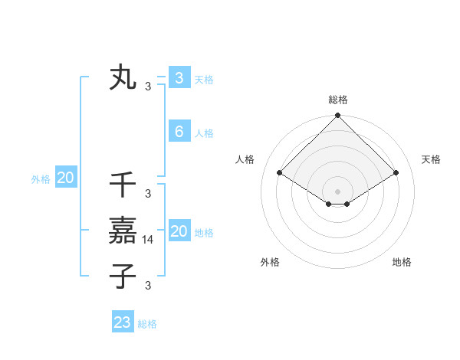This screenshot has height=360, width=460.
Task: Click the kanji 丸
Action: [x=123, y=79]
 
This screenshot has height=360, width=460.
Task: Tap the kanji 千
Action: [x=123, y=185]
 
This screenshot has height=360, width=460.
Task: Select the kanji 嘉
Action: [x=123, y=231]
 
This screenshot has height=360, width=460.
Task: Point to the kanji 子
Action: [x=123, y=276]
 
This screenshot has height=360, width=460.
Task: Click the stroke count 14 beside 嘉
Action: [x=149, y=239]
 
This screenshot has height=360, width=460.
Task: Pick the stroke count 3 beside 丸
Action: [x=148, y=87]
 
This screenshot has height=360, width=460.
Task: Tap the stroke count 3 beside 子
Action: [x=148, y=286]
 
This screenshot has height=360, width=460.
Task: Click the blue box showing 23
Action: [x=123, y=322]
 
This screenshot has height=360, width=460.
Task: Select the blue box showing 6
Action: [x=179, y=132]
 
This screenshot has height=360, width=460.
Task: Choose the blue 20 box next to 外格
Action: [x=65, y=178]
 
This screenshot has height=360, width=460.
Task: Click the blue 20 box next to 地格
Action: [x=179, y=231]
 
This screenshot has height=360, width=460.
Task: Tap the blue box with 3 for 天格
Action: [x=179, y=78]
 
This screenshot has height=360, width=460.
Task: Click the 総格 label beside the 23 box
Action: [x=147, y=324]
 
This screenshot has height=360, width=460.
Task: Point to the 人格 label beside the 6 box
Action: [x=204, y=133]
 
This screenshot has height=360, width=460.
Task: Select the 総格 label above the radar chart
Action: [x=337, y=100]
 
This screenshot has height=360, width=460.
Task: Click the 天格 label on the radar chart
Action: [x=431, y=159]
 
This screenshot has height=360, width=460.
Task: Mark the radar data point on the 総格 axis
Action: [x=337, y=116]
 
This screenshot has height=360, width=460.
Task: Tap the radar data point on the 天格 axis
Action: [x=396, y=172]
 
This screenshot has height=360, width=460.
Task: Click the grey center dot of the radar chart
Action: [x=337, y=191]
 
